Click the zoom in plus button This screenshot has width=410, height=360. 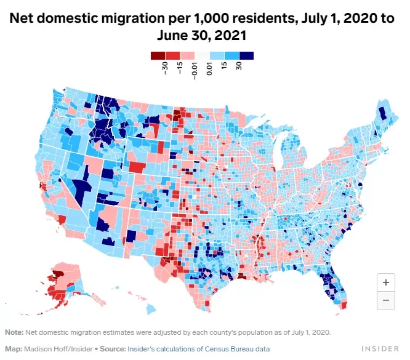click(x=385, y=282)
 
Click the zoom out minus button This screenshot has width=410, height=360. click(x=385, y=300)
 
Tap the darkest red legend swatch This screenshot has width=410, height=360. click(x=158, y=55)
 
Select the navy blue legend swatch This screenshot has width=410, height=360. click(x=246, y=55)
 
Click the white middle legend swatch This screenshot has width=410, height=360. click(x=202, y=55)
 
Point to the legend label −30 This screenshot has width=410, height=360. click(x=165, y=68)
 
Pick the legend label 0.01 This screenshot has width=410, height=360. click(x=209, y=69)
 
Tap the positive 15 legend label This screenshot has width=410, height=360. click(x=224, y=66)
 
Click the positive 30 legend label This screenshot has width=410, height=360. click(x=238, y=66)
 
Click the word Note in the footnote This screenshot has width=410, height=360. click(x=14, y=332)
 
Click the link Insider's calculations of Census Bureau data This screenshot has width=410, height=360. click(x=199, y=349)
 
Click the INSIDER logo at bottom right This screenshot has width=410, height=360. click(x=380, y=349)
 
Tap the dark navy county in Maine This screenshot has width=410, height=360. click(x=382, y=113)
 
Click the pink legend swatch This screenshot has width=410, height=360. click(x=187, y=55)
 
